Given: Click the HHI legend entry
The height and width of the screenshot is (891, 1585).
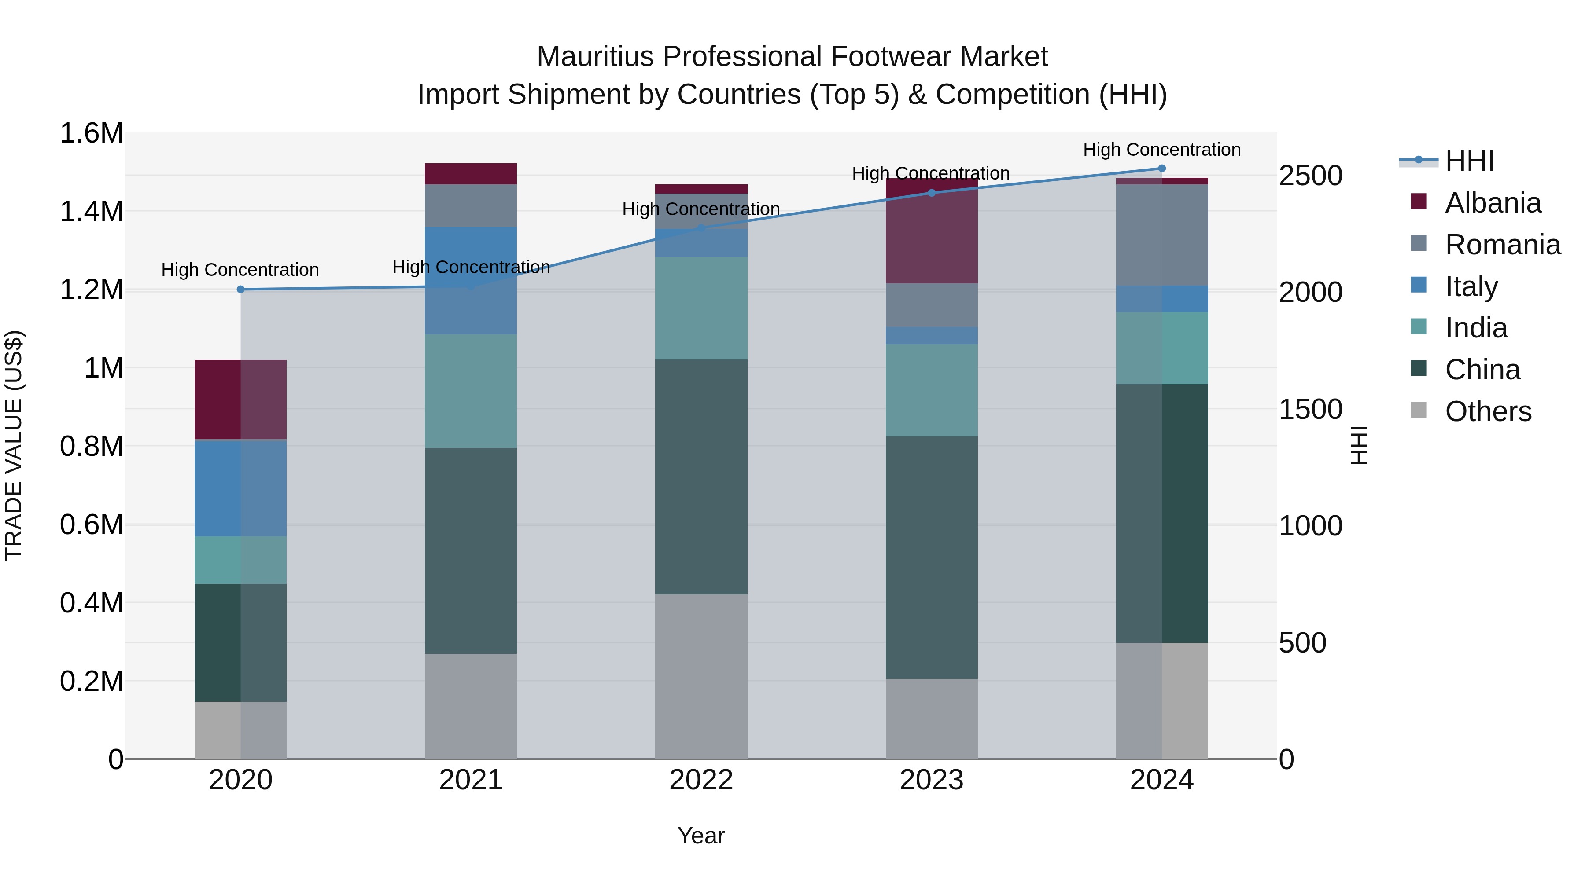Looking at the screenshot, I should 1469,161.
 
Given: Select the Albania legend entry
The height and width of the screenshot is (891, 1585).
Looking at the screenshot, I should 1493,203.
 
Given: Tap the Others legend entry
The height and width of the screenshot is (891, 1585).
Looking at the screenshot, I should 1488,411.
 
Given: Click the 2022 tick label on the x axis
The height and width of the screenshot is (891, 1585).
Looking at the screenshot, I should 701,780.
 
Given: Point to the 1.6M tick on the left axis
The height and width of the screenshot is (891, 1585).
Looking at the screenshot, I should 91,133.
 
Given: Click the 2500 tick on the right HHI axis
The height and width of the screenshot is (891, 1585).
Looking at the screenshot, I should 1310,176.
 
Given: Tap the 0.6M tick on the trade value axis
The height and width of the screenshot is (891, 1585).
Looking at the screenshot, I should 91,525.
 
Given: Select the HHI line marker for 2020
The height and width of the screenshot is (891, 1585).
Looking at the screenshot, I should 240,290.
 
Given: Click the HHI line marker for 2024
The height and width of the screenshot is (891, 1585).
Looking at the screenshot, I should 1162,169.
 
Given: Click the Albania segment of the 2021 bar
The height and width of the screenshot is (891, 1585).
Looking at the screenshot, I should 471,174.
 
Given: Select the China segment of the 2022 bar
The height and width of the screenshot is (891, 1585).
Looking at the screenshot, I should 701,477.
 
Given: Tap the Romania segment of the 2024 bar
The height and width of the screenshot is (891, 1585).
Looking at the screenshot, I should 1162,235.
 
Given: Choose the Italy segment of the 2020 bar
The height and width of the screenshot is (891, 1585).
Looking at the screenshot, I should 240,488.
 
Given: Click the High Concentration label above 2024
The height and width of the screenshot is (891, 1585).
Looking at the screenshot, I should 1162,150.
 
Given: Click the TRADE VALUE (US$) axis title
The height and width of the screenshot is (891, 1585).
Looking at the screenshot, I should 14,445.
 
